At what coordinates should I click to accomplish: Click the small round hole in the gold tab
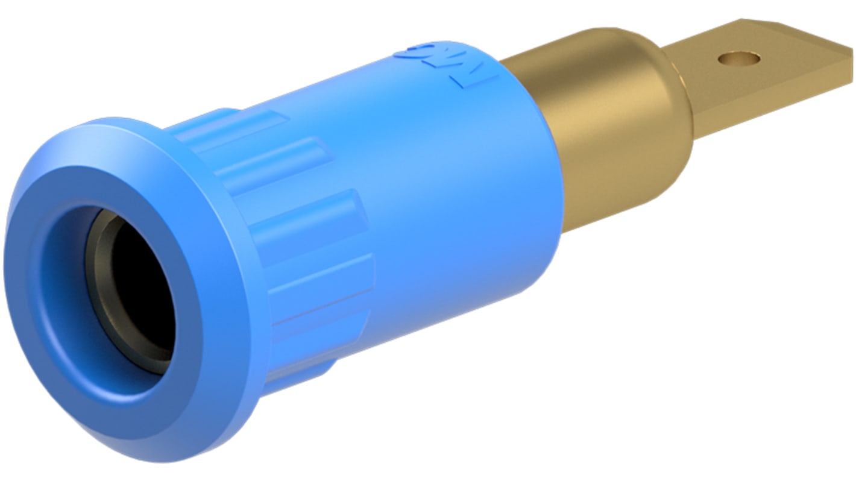(x=738, y=59)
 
